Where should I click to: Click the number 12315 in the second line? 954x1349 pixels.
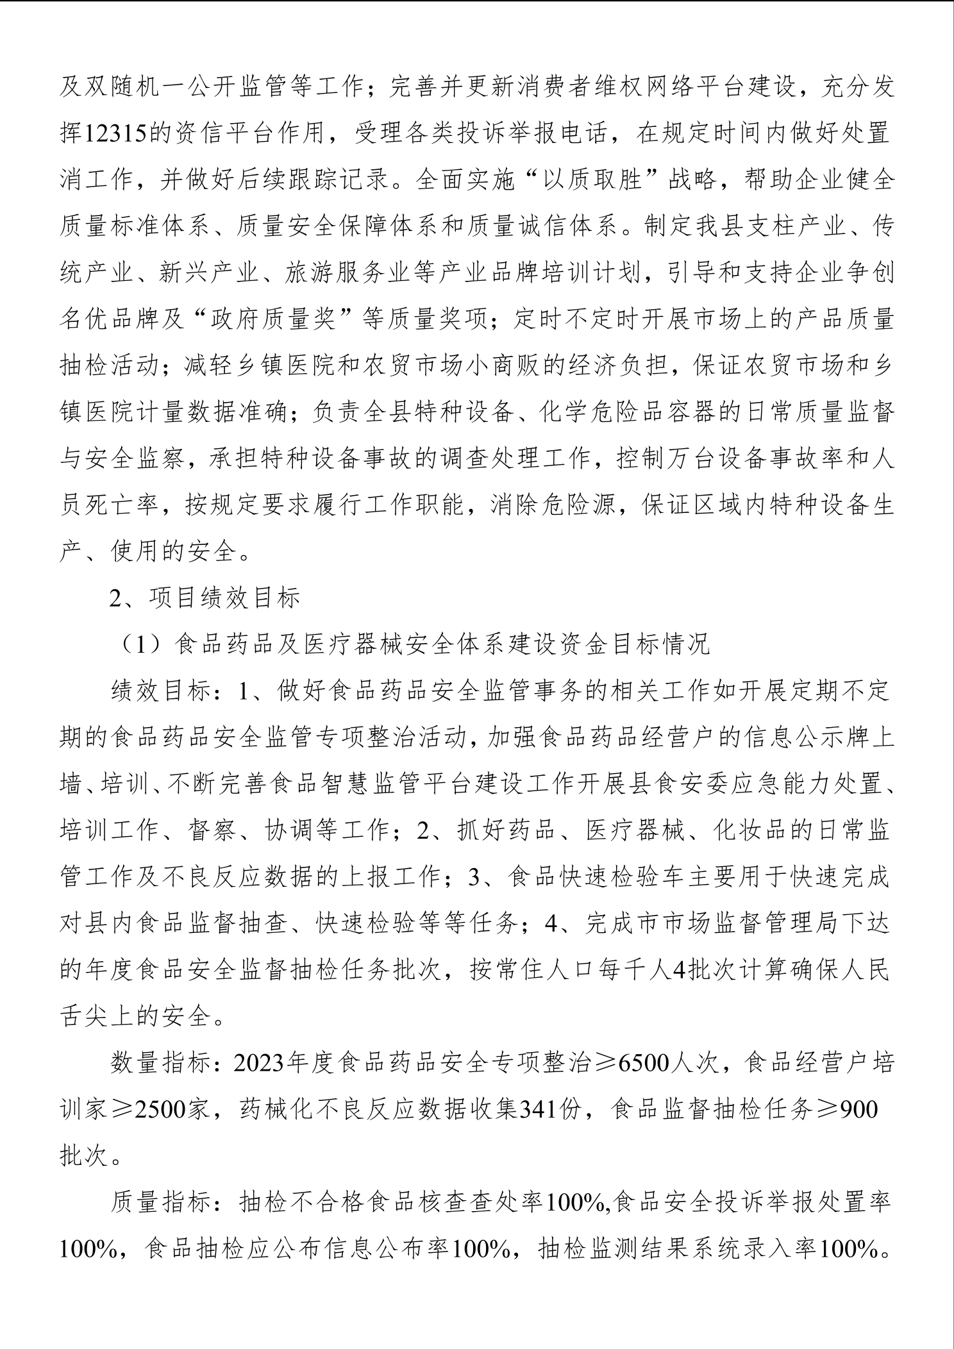tap(116, 134)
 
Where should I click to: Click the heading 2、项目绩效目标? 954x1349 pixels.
tap(205, 598)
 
